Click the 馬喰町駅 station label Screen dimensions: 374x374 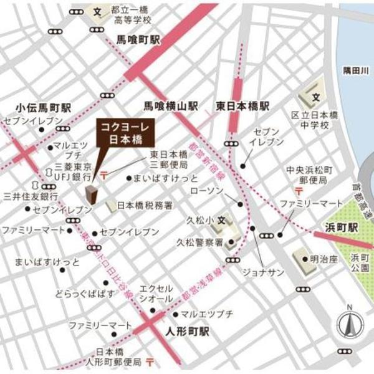[x=138, y=39]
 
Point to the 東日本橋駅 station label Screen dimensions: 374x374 [x=243, y=105]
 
